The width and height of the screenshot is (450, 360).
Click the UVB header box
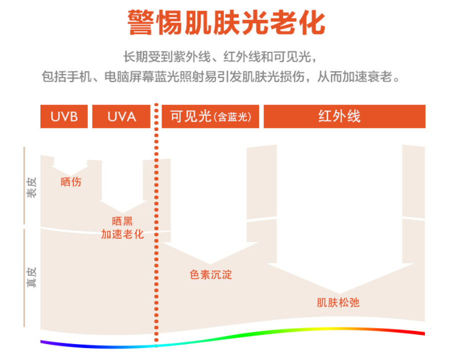click(64, 116)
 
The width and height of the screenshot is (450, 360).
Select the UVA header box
click(121, 116)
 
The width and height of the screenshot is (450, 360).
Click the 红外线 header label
click(339, 116)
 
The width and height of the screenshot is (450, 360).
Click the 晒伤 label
click(71, 182)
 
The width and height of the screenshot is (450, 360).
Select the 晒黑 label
click(122, 221)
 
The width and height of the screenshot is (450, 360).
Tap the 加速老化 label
click(122, 234)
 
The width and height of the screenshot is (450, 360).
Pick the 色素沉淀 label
click(210, 274)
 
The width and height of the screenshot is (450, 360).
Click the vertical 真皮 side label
click(31, 276)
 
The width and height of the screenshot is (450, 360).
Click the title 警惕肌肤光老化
click(226, 22)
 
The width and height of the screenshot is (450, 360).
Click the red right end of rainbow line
click(422, 333)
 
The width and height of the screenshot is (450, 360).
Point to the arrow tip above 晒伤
click(70, 175)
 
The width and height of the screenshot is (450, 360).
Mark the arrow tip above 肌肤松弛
click(339, 293)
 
